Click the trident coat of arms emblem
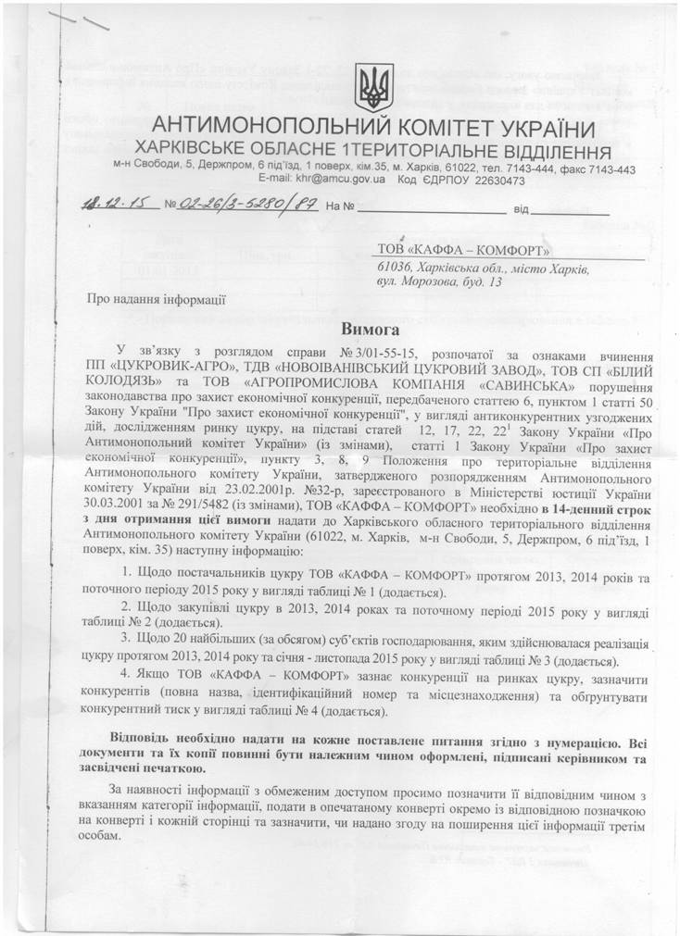tap(375, 86)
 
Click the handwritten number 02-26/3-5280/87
tap(248, 206)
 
